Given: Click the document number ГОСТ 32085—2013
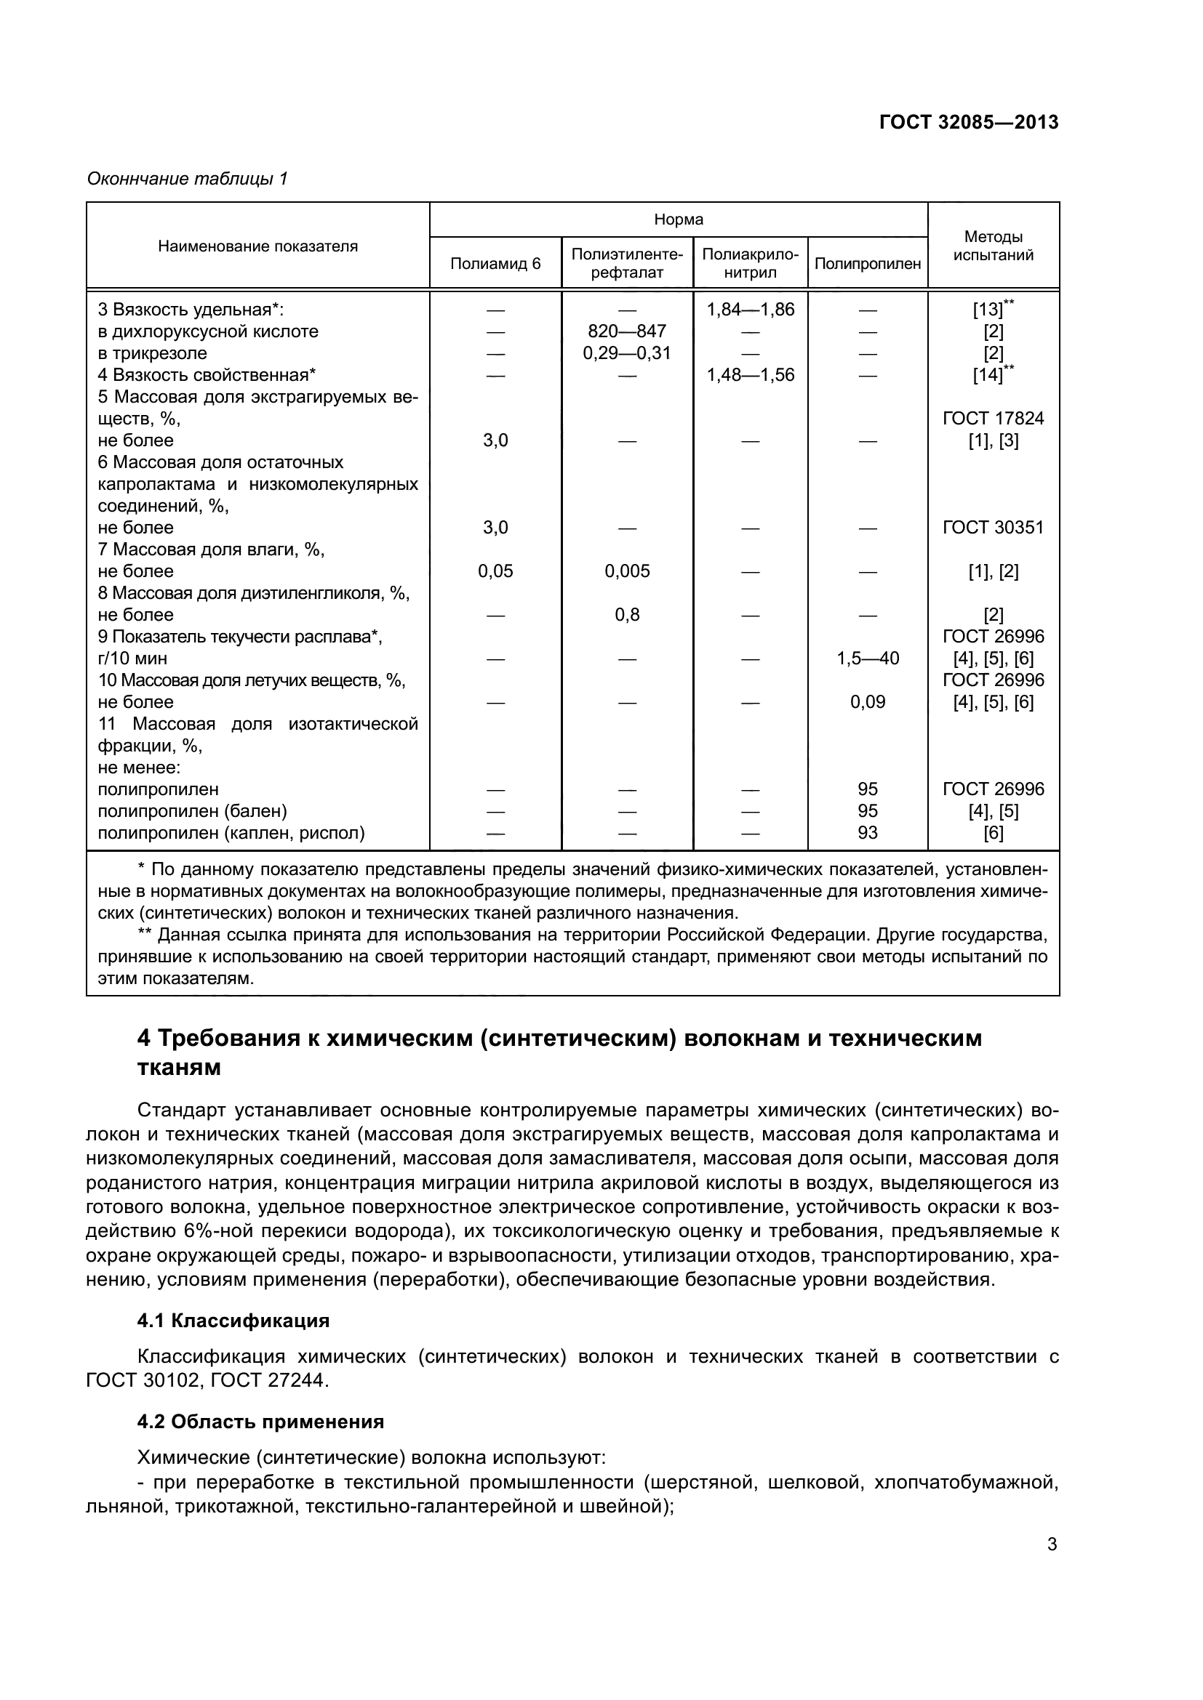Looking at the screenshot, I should point(968,122).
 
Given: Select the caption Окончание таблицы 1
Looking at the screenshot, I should point(188,179).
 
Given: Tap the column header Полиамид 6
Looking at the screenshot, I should point(495,264).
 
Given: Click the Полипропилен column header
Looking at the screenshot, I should point(868,264).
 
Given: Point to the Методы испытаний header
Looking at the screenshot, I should point(993,246).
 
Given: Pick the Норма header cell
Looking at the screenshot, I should point(679,220).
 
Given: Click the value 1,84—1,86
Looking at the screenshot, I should point(751,310).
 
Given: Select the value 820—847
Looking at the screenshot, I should point(627,331).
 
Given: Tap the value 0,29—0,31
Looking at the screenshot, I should point(627,353).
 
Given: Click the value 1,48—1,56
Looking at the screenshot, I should point(751,374).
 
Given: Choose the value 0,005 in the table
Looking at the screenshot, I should point(627,571).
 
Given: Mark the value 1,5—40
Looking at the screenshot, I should point(868,658).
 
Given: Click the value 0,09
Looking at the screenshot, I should point(868,702).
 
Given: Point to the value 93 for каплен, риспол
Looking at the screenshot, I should point(868,833).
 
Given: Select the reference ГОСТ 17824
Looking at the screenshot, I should point(993,419).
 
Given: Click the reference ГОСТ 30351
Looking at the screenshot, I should point(993,528).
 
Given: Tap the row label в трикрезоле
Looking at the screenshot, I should point(153,353).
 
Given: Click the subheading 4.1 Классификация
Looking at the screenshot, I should point(233,1321).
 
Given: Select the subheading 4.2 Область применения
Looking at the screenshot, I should point(261,1422).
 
